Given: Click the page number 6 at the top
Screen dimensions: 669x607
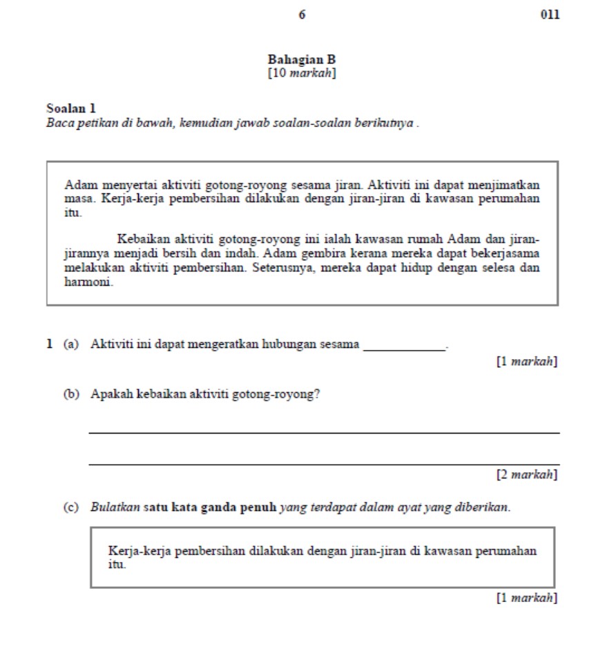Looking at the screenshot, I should [x=302, y=14].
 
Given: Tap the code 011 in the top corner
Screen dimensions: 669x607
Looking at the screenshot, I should [x=550, y=14].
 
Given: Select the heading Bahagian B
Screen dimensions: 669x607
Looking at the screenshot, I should [x=302, y=59].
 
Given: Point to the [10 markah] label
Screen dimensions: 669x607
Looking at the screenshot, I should [x=302, y=72].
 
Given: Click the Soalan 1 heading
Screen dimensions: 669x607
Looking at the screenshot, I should [x=70, y=108].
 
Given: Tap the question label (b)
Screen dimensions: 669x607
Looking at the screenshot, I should [x=71, y=394].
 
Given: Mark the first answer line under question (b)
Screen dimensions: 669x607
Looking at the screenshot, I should [x=324, y=432].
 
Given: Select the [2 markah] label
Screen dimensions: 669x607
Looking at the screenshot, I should [x=527, y=474].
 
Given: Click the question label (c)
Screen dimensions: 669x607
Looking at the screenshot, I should [x=71, y=507].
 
